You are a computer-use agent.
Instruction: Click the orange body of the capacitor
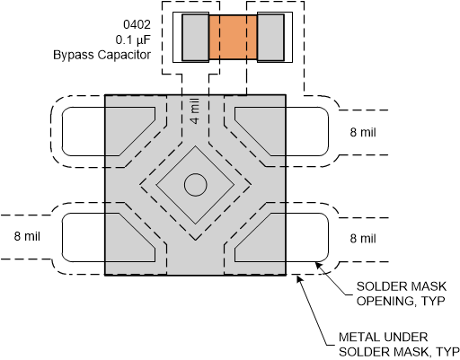click(233, 37)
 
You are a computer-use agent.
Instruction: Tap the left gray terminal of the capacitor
click(196, 38)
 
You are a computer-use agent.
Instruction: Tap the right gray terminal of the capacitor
click(270, 38)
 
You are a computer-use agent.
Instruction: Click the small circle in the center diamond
click(196, 185)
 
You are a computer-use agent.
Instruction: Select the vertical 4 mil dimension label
click(195, 111)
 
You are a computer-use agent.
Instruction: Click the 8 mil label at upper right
click(363, 132)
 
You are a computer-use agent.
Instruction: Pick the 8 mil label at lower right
click(363, 239)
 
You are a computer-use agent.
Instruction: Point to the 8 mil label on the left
click(27, 236)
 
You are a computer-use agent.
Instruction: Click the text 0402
click(137, 24)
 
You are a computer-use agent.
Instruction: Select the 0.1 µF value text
click(133, 40)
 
